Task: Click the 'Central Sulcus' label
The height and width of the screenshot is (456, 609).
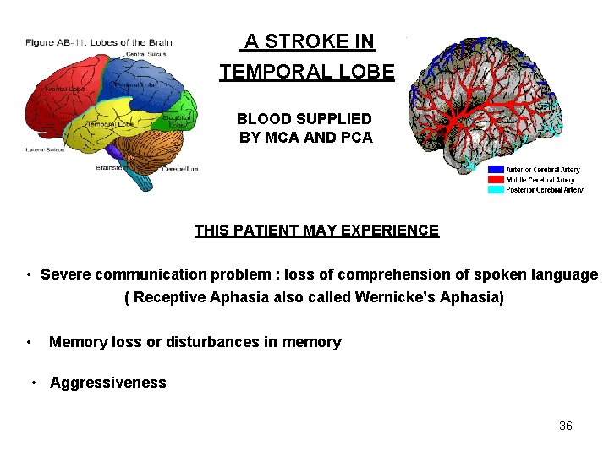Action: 145,55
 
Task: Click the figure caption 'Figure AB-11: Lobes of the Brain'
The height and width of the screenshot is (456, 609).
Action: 98,42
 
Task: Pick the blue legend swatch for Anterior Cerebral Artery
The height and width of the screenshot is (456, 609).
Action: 496,170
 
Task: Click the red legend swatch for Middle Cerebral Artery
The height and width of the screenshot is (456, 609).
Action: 496,180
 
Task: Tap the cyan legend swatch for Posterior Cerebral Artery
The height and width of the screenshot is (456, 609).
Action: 496,190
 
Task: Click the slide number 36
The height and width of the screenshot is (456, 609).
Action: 566,426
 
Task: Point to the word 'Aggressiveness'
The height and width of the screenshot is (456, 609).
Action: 108,383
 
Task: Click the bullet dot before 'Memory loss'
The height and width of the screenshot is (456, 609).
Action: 29,342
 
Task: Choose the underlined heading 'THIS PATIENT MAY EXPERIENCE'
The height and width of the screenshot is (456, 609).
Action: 316,231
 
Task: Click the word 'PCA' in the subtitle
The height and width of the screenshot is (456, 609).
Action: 355,138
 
